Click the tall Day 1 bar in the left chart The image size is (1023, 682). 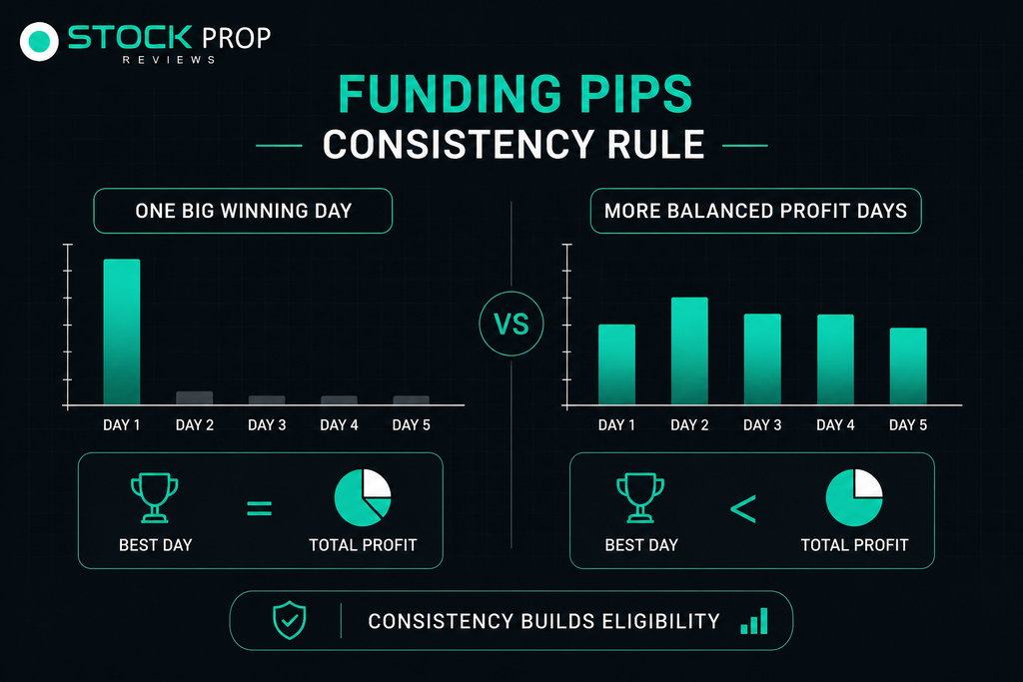[122, 332]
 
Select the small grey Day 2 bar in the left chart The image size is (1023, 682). [195, 397]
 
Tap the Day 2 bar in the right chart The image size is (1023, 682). [689, 350]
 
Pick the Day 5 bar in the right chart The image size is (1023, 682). [908, 366]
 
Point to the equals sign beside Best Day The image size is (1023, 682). [259, 508]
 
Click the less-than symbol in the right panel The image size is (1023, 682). [743, 508]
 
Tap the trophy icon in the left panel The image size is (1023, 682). [155, 497]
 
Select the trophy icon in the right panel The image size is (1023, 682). [640, 497]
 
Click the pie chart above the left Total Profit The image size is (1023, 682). [362, 497]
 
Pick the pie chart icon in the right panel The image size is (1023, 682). [854, 497]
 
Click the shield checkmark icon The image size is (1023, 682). [289, 620]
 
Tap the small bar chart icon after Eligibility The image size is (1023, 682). [754, 621]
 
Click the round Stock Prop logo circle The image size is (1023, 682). [39, 42]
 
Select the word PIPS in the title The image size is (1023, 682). [635, 94]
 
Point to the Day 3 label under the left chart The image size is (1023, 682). [267, 425]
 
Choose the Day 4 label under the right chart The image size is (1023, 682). [835, 425]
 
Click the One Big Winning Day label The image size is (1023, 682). [244, 211]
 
